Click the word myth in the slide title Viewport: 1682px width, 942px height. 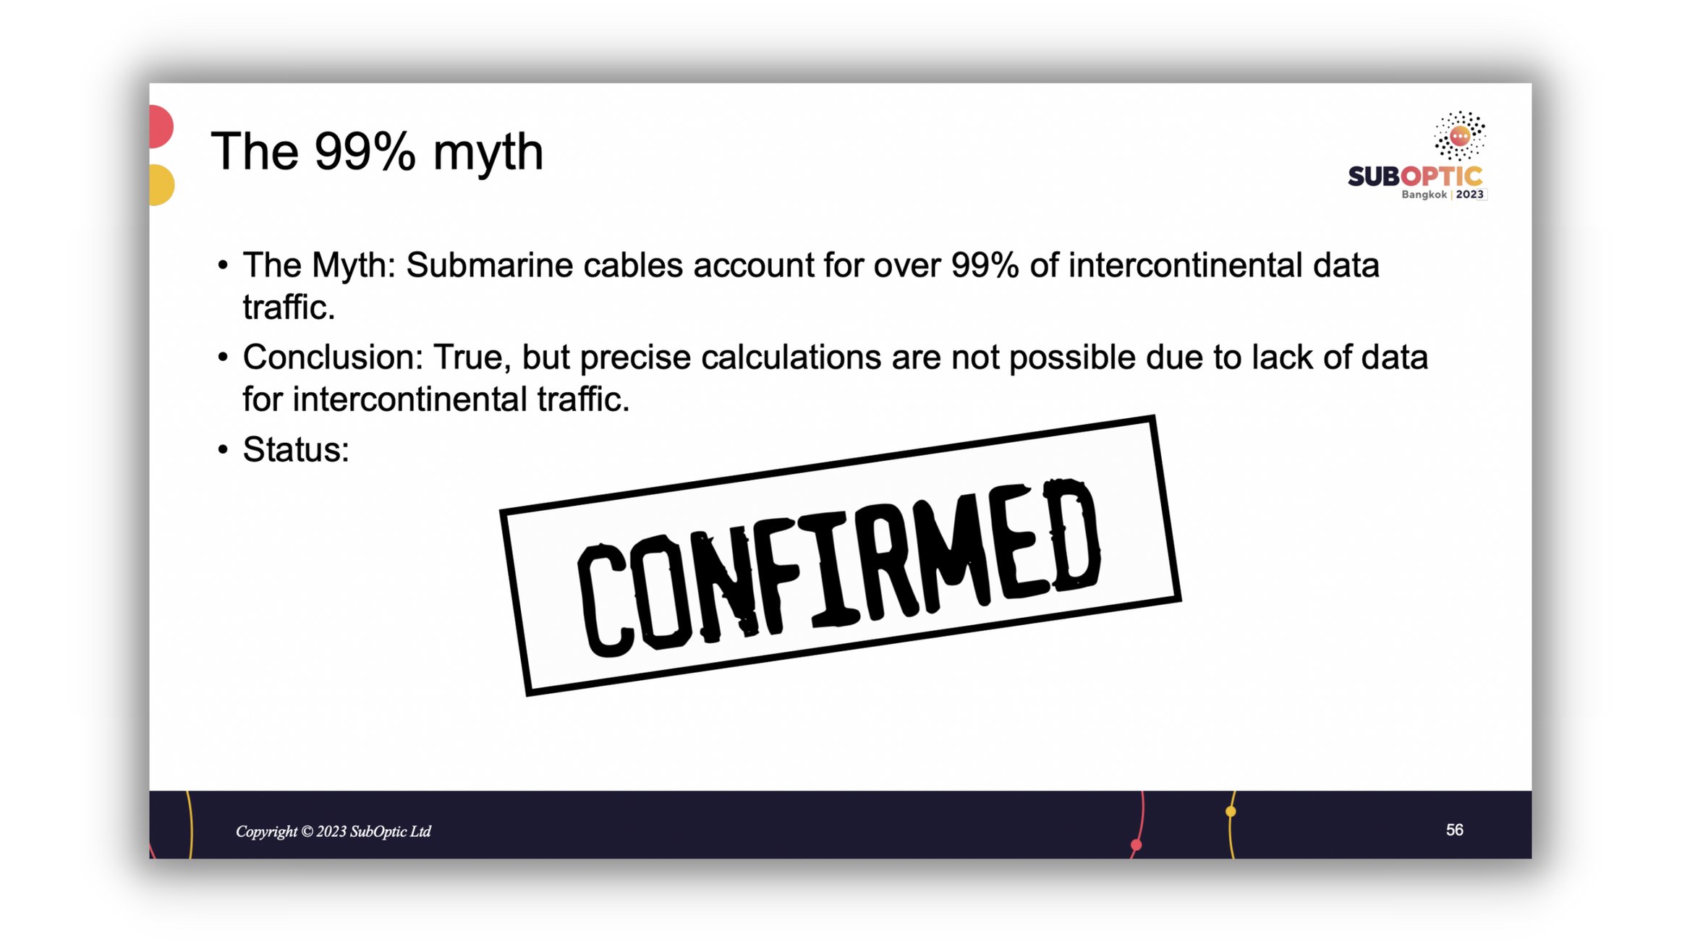(x=488, y=153)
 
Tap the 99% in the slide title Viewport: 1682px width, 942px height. (x=365, y=151)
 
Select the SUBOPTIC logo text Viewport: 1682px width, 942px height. (x=1414, y=176)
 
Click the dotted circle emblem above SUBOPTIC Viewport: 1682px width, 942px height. (x=1459, y=135)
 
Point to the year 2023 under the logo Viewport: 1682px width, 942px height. (x=1469, y=195)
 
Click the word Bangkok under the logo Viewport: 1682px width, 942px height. (x=1424, y=195)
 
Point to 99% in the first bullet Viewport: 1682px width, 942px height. (x=985, y=265)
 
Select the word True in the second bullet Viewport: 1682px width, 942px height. (x=471, y=357)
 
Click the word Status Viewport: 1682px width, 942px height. (x=296, y=449)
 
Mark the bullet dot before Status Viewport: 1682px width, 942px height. (x=223, y=450)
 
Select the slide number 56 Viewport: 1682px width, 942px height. (x=1454, y=830)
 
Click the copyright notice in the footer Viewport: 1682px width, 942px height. (x=334, y=831)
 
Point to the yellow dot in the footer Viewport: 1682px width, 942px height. (x=1231, y=812)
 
